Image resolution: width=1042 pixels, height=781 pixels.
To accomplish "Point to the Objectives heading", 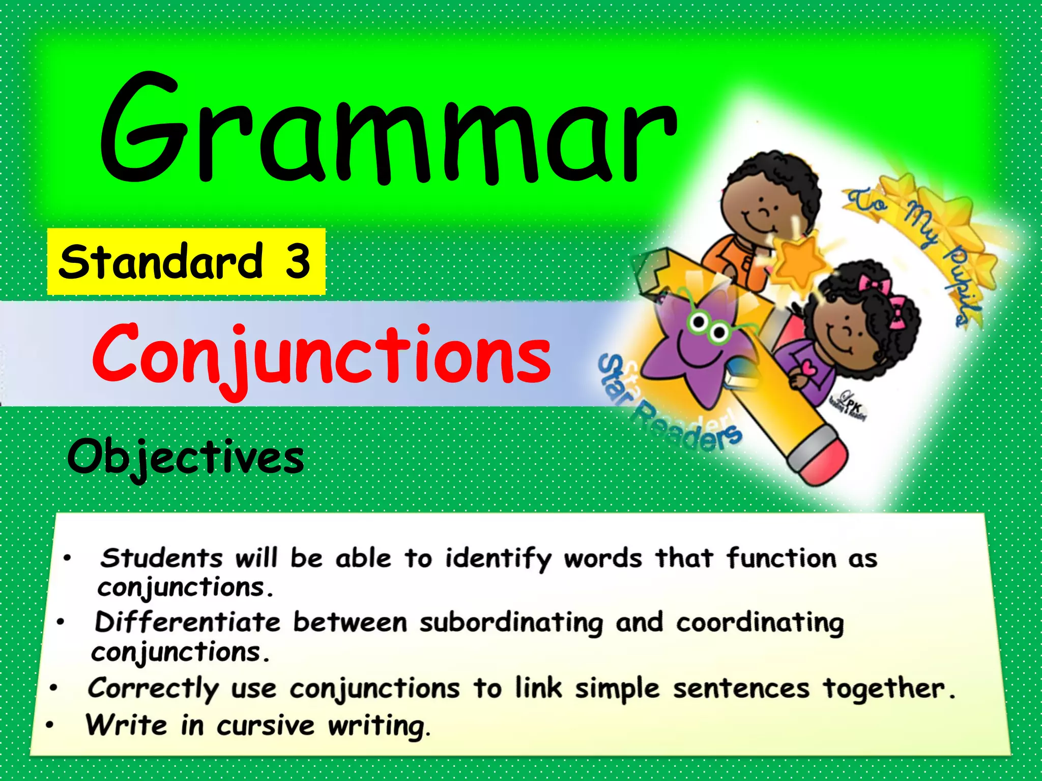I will click(186, 458).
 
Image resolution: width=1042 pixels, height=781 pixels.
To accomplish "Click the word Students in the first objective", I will click(161, 558).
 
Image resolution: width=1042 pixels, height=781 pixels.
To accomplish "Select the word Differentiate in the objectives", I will click(187, 622).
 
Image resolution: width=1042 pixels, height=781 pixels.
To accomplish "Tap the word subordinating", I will click(511, 623).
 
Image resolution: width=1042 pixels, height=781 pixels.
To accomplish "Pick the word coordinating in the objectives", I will click(760, 623).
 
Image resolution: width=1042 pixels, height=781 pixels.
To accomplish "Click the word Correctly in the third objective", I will click(153, 688).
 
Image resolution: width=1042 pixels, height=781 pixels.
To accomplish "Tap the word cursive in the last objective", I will click(265, 726).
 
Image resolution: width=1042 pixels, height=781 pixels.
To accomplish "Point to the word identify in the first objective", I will click(498, 559).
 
